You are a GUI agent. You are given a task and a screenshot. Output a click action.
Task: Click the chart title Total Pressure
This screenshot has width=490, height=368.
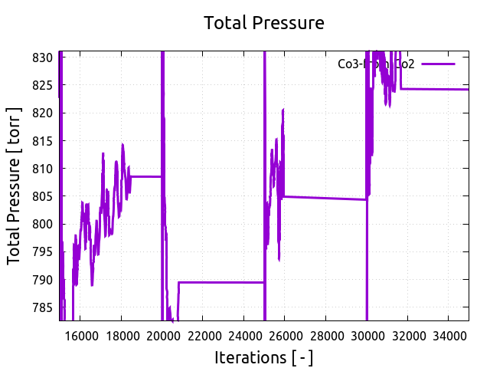pyautogui.click(x=263, y=23)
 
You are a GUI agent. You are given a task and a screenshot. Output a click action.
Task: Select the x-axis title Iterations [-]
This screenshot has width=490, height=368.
pyautogui.click(x=263, y=357)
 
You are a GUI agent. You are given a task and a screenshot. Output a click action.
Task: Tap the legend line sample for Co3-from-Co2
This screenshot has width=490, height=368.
pyautogui.click(x=438, y=64)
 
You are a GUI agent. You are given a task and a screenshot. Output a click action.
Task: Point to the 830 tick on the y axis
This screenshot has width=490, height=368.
pyautogui.click(x=43, y=58)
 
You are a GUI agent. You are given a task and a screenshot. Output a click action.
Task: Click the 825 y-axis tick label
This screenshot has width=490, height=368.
pyautogui.click(x=43, y=85)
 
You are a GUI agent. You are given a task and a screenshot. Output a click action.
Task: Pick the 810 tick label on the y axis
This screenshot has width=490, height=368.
pyautogui.click(x=43, y=169)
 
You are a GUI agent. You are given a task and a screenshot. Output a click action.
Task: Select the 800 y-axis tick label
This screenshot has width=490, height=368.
pyautogui.click(x=43, y=224)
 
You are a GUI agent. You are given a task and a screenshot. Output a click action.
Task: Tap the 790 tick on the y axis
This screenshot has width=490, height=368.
pyautogui.click(x=43, y=280)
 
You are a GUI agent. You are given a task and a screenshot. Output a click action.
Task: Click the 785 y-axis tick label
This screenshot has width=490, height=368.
pyautogui.click(x=43, y=307)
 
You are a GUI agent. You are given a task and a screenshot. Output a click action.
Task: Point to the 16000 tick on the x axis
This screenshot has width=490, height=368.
pyautogui.click(x=80, y=335)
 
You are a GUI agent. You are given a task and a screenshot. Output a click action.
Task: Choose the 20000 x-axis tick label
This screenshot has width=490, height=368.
pyautogui.click(x=162, y=335)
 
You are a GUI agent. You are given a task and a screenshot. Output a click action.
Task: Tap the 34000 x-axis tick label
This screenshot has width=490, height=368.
pyautogui.click(x=449, y=335)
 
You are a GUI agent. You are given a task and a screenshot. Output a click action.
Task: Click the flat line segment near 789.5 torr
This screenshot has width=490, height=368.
pyautogui.click(x=222, y=282)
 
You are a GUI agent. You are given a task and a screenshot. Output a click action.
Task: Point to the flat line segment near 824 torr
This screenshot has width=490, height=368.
pyautogui.click(x=436, y=89)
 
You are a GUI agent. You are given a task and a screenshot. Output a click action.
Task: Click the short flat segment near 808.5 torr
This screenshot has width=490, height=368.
pyautogui.click(x=146, y=176)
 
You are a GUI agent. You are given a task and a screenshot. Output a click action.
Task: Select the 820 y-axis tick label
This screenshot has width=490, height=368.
pyautogui.click(x=43, y=113)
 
